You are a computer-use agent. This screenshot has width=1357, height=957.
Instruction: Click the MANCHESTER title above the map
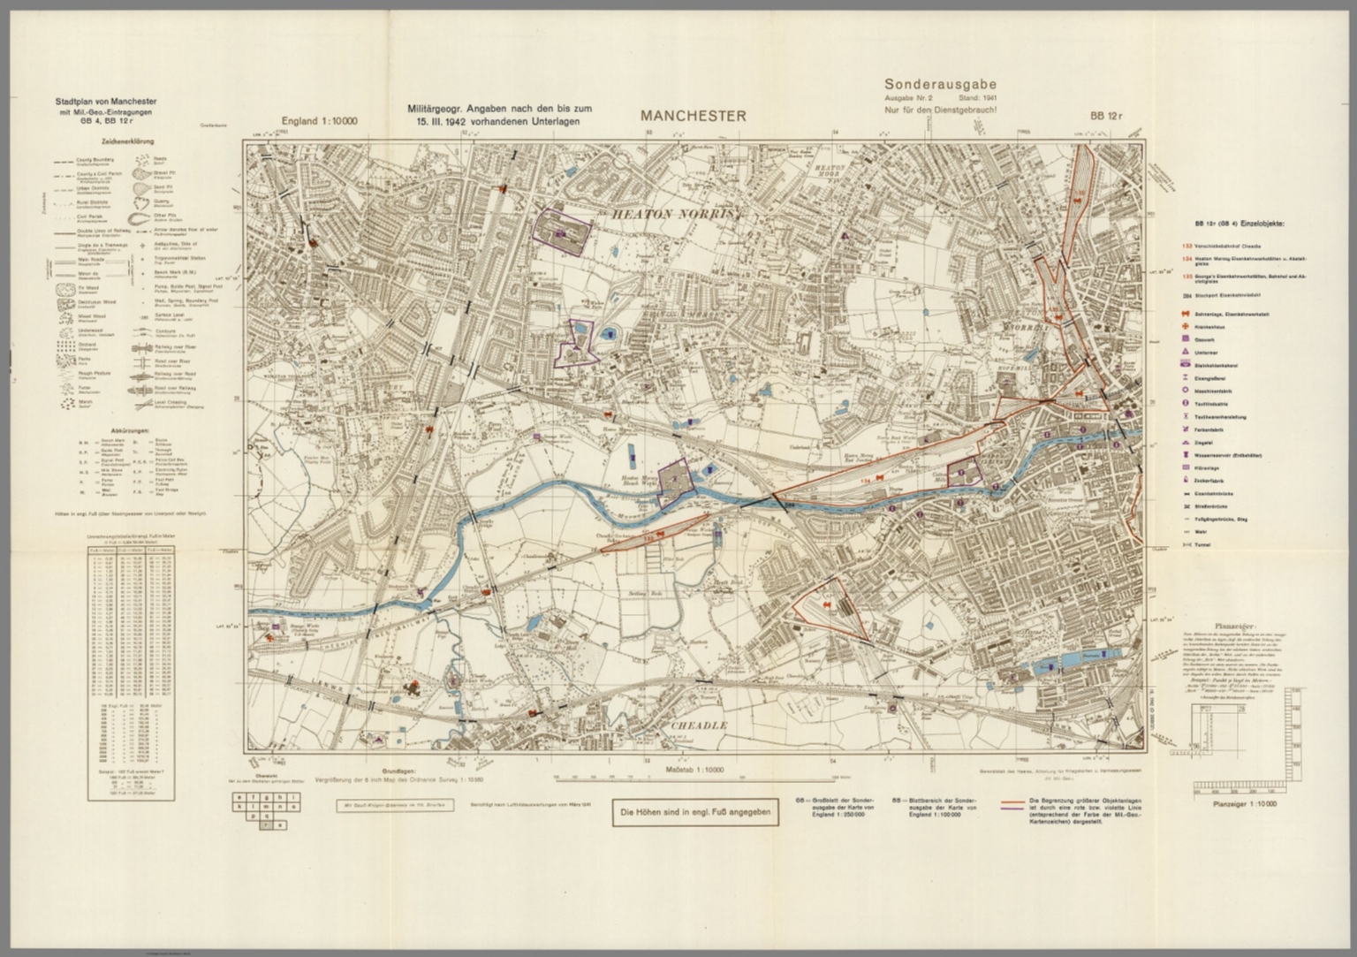click(694, 116)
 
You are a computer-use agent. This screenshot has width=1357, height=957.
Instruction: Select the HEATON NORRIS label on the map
click(676, 214)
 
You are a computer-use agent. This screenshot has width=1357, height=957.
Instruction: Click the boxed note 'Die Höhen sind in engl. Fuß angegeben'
click(696, 813)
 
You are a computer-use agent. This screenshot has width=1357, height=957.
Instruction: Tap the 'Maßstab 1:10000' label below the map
click(694, 771)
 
